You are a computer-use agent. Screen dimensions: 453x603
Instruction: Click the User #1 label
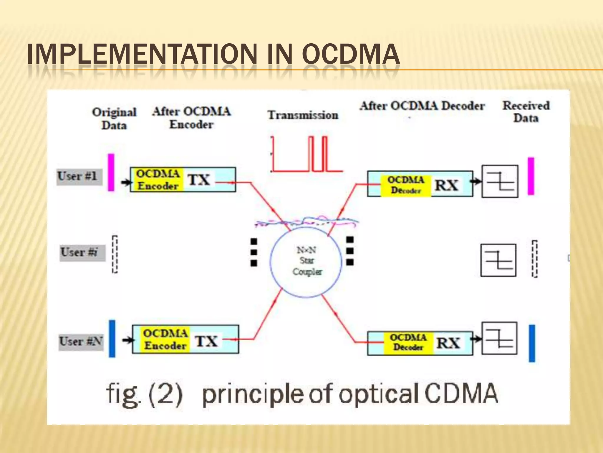tap(79, 177)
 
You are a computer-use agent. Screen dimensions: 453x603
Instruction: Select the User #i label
tap(82, 252)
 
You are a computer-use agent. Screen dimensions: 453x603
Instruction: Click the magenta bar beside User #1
tap(111, 173)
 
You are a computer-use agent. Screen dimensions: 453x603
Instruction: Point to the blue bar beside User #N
tap(112, 339)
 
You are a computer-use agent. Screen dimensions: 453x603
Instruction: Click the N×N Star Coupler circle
tap(306, 261)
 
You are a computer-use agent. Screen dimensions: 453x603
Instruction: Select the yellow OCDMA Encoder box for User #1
tap(158, 180)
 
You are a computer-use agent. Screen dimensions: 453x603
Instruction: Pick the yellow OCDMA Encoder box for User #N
tap(165, 339)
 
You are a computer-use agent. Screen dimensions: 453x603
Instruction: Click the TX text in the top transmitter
tap(199, 180)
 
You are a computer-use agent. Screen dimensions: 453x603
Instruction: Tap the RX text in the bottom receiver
tap(448, 343)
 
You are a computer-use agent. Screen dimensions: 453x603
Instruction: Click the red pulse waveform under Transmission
tap(306, 155)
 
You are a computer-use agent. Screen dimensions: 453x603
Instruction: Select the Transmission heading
tap(303, 115)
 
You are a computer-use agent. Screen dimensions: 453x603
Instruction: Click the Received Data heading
tap(526, 112)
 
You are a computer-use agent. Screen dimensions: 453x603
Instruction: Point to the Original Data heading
tap(114, 119)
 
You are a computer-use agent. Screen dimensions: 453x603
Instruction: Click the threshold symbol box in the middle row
tap(498, 260)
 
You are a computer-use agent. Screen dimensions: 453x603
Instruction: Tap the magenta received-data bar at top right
tap(531, 176)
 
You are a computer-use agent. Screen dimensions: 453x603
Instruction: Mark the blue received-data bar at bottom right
tap(532, 343)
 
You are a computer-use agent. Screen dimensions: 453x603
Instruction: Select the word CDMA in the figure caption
tap(461, 393)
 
